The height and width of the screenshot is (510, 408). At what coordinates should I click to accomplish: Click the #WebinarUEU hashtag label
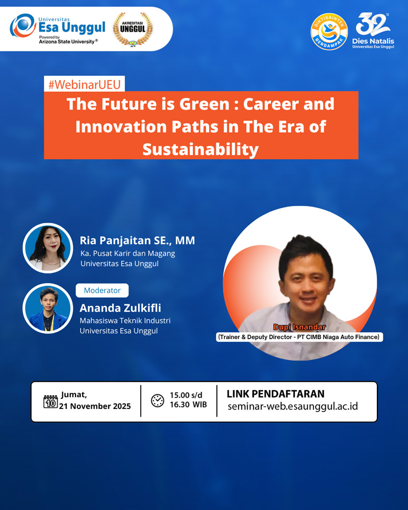(84, 84)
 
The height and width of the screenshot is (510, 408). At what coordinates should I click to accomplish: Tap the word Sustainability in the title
(200, 149)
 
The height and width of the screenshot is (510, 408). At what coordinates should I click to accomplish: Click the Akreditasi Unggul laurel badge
(133, 29)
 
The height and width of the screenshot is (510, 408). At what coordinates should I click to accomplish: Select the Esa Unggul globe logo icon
(22, 25)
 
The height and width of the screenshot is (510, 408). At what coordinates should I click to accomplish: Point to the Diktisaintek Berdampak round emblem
(329, 32)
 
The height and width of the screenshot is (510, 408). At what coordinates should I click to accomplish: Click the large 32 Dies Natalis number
(372, 24)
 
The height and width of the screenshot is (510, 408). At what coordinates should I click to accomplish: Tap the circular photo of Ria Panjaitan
(48, 248)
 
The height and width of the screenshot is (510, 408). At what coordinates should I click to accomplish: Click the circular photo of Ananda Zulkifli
(48, 309)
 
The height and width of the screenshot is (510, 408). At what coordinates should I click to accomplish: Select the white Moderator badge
(102, 291)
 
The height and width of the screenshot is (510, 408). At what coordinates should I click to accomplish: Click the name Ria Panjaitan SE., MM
(137, 240)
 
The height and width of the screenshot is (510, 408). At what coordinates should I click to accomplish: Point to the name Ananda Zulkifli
(120, 308)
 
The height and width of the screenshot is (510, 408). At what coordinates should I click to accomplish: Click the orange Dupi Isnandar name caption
(300, 327)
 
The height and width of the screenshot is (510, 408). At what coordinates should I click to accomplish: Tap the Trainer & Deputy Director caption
(299, 337)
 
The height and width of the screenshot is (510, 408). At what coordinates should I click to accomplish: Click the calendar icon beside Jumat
(50, 402)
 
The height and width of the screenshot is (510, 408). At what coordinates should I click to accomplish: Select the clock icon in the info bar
(158, 400)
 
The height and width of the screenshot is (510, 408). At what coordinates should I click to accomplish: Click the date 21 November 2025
(95, 406)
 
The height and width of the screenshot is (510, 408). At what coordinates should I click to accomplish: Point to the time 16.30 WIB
(188, 404)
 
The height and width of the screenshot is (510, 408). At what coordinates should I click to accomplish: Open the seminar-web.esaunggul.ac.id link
(293, 406)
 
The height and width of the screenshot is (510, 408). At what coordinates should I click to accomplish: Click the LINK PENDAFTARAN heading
(275, 394)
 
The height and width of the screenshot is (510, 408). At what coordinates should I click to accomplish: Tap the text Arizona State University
(67, 42)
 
